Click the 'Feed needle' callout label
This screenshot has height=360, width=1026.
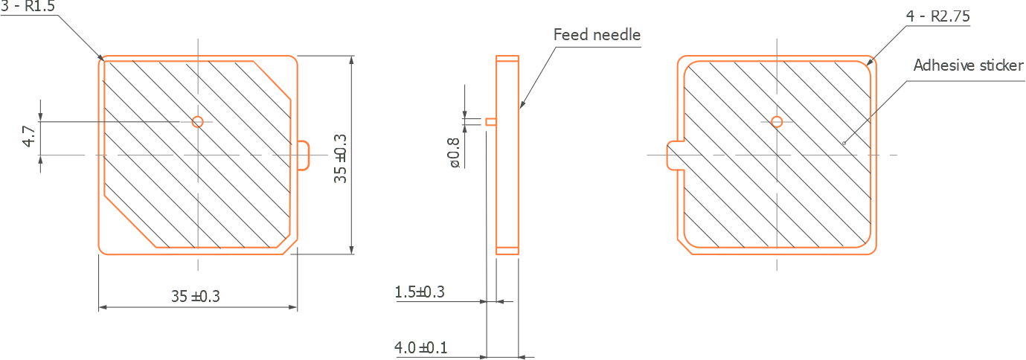tap(597, 35)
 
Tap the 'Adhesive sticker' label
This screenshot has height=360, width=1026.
tap(968, 65)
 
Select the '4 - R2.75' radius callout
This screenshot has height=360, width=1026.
tap(937, 16)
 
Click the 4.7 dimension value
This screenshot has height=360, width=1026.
tap(29, 137)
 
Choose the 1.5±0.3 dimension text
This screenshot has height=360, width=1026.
tap(420, 292)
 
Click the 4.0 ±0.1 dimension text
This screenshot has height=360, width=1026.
tap(420, 347)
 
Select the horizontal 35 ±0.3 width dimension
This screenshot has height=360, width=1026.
tap(196, 296)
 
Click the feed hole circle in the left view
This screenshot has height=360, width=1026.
tap(197, 121)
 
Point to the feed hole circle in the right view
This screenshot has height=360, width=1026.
tap(777, 121)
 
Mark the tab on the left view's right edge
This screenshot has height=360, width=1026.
tap(304, 155)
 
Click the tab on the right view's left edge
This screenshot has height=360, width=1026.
tap(672, 155)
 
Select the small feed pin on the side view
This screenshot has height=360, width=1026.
tap(490, 121)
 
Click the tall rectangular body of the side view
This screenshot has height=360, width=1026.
tap(507, 156)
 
